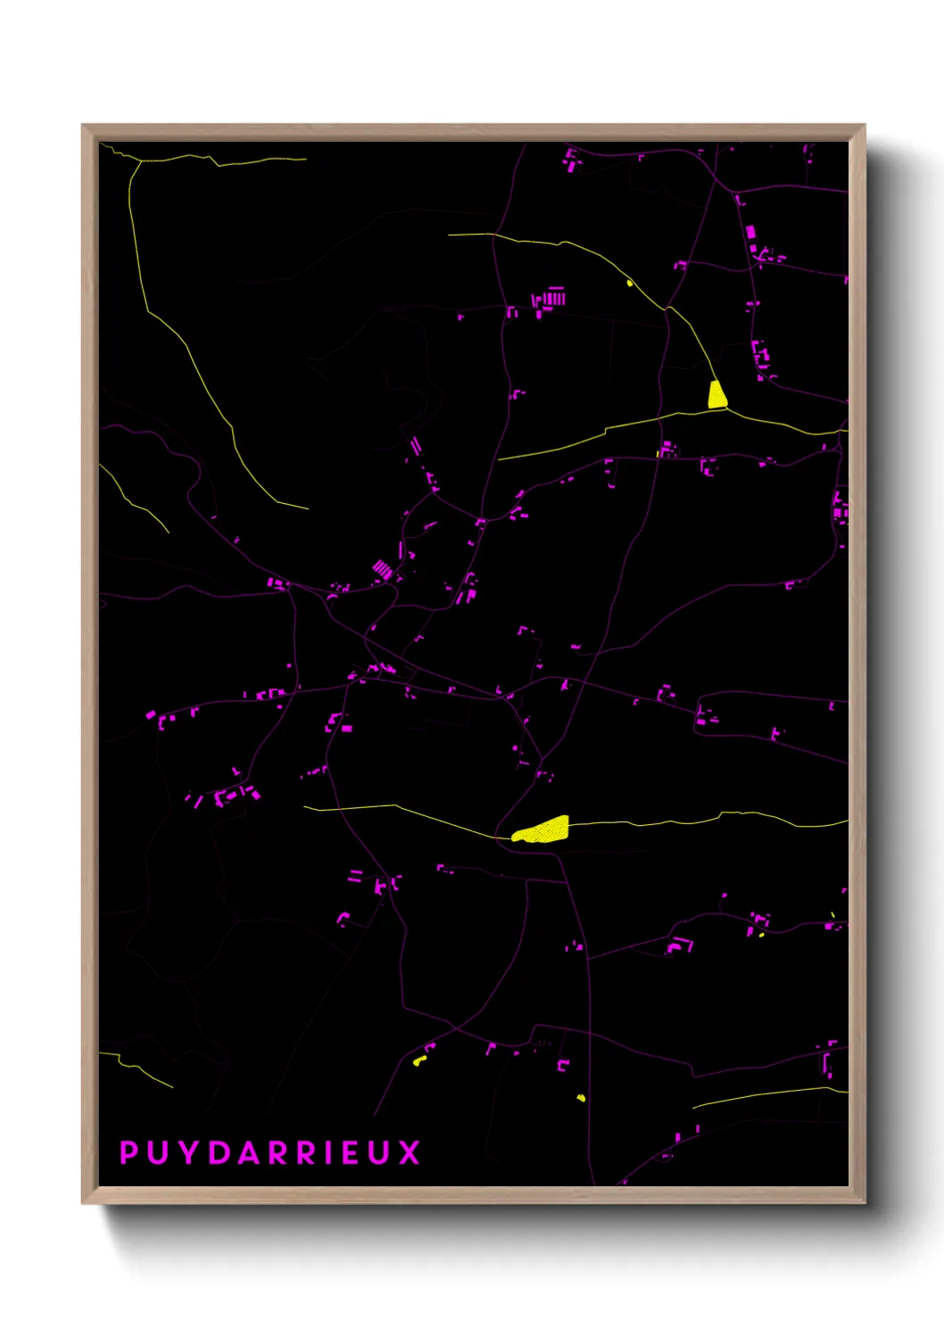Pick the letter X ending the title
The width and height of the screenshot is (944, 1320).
point(410,1152)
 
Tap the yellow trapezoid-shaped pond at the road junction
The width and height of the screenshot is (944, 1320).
point(716,395)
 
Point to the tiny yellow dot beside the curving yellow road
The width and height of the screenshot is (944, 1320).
point(630,284)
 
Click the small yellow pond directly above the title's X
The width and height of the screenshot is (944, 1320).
point(418,1060)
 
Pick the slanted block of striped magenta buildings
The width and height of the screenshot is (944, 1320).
point(383,568)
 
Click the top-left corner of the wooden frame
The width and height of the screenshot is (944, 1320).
point(83,126)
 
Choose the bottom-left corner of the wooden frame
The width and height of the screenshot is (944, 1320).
point(83,1203)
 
